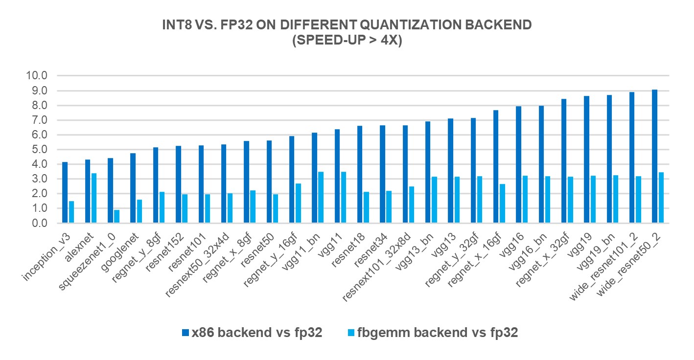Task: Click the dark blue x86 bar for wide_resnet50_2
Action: pos(655,157)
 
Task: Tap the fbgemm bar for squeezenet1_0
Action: pos(117,217)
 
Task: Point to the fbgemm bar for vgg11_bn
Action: pos(321,198)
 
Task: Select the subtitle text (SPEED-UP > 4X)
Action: pos(347,41)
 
